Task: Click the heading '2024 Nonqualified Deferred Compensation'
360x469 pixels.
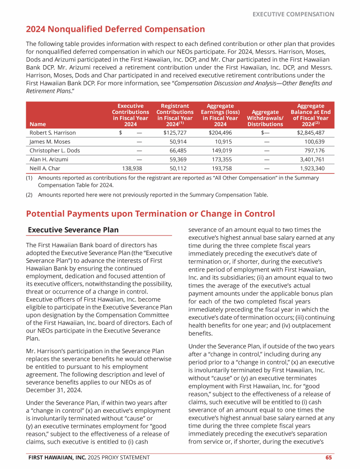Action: coord(115,30)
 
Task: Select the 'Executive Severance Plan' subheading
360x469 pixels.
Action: coord(73,230)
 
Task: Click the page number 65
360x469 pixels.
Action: coord(330,457)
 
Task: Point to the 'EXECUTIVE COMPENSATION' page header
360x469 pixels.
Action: coord(293,14)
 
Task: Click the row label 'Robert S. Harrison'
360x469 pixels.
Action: coord(52,133)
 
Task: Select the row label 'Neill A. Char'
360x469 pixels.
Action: coord(45,168)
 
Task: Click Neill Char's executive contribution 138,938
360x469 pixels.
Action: coord(132,168)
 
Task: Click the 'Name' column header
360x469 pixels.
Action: coord(37,124)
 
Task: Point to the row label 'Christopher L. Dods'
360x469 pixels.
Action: coord(54,151)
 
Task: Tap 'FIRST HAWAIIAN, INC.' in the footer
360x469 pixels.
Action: coord(57,457)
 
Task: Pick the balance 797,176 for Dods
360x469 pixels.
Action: coord(317,151)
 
